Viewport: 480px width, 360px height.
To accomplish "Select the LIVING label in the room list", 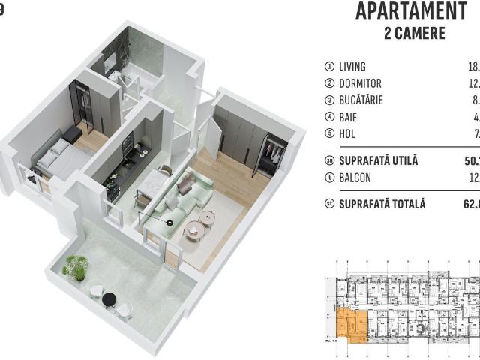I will (x=352, y=67).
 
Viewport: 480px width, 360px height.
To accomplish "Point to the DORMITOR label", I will (x=361, y=83).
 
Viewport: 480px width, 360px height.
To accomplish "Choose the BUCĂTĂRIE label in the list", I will (x=361, y=100).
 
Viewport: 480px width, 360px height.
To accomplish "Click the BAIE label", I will (x=348, y=118).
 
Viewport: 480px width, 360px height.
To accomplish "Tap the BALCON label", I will (x=355, y=178).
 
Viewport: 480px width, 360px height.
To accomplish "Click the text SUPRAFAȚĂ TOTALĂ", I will (x=382, y=204).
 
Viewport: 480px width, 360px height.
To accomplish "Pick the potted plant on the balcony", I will (x=75, y=266).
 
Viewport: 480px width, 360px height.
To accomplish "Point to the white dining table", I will (x=152, y=184).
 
